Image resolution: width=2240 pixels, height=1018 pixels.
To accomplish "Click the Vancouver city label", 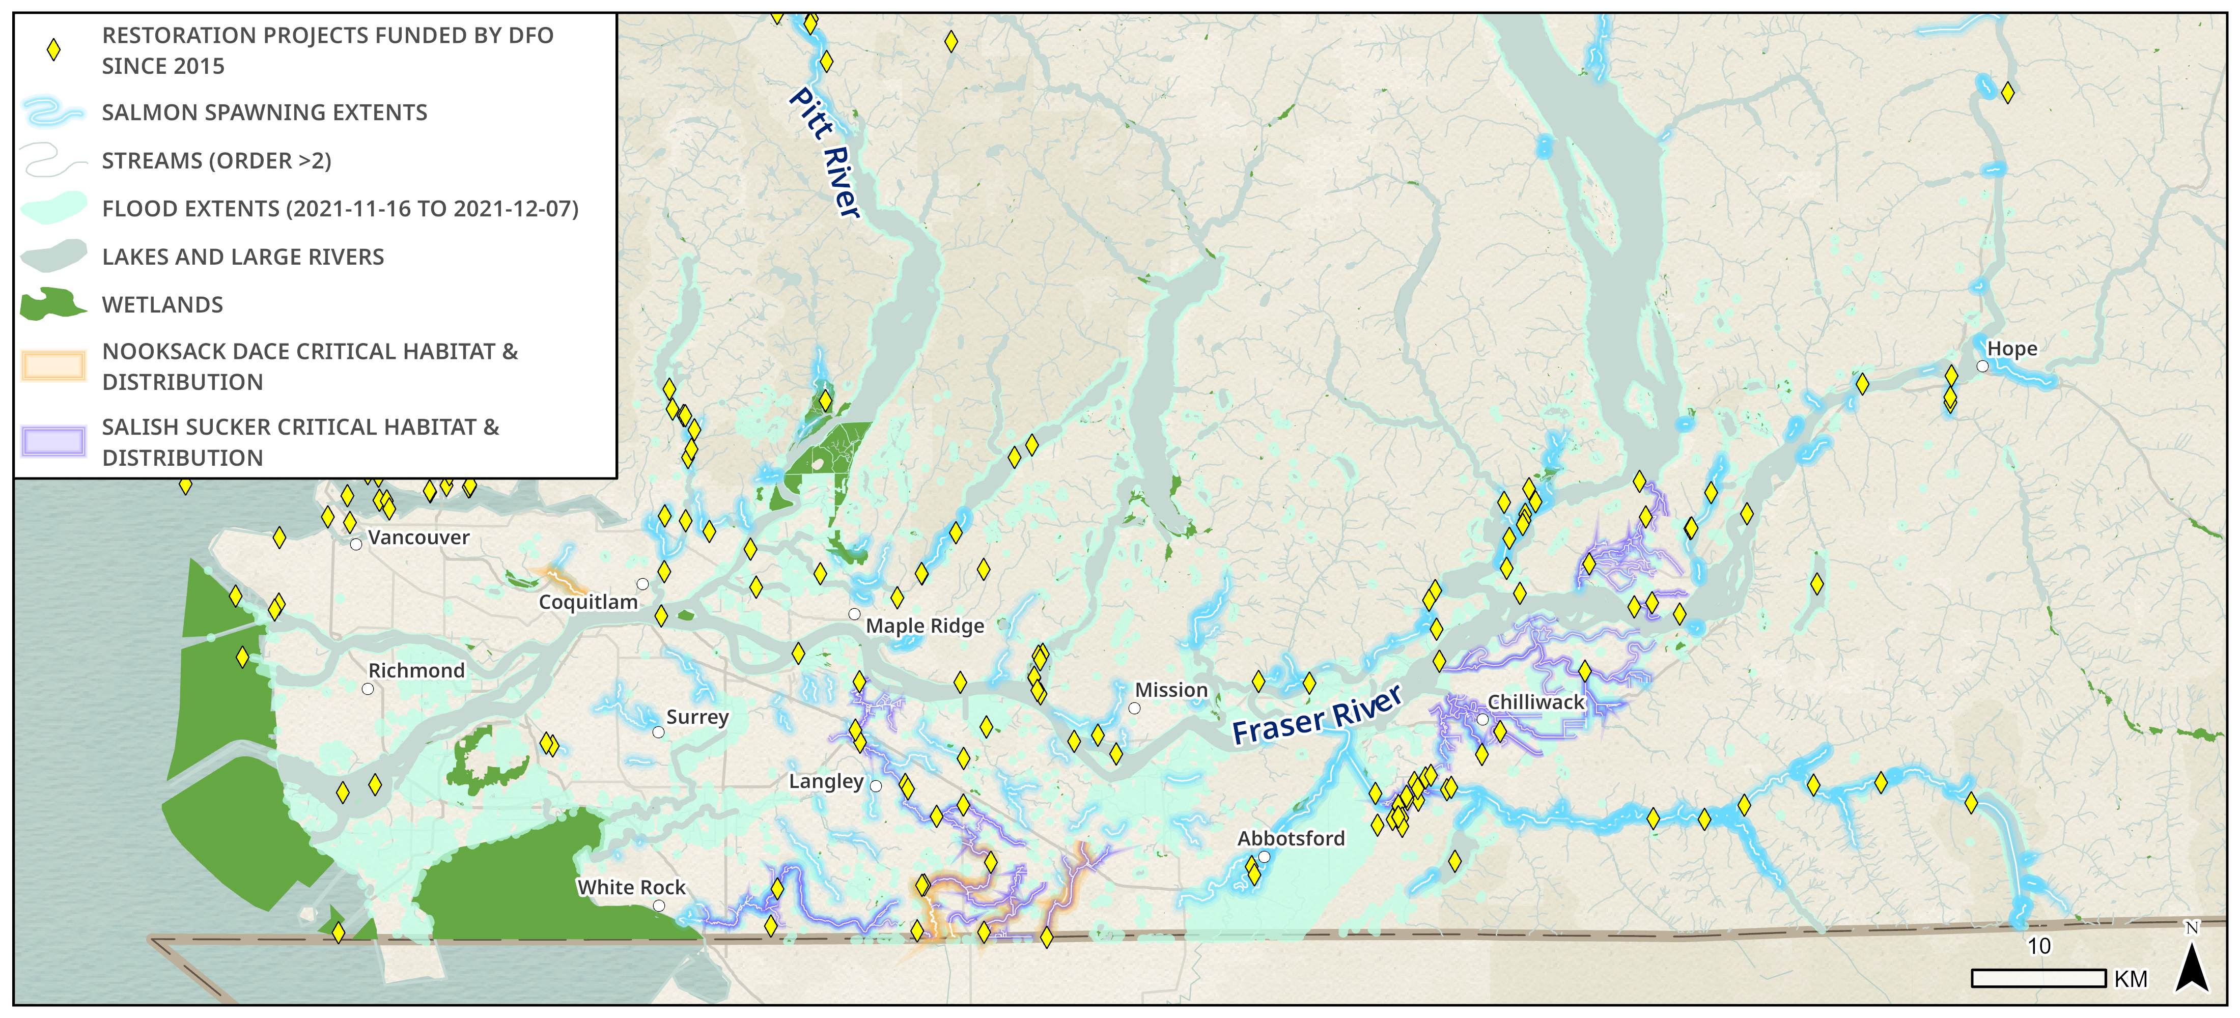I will pyautogui.click(x=418, y=538).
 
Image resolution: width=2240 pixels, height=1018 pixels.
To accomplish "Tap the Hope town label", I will pyautogui.click(x=2012, y=349).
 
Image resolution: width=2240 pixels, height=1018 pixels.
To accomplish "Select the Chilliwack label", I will pyautogui.click(x=1535, y=701).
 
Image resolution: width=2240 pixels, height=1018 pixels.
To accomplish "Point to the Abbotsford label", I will pyautogui.click(x=1291, y=838).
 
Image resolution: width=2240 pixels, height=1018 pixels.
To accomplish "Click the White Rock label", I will pyautogui.click(x=631, y=887).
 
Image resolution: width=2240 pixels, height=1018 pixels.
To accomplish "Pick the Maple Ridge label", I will pyautogui.click(x=925, y=626).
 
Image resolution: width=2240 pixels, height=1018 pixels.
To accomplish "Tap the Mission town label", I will pyautogui.click(x=1171, y=689).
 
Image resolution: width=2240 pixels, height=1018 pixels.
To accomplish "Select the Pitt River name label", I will pyautogui.click(x=824, y=152).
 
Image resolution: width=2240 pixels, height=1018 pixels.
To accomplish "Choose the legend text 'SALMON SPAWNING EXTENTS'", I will pyautogui.click(x=264, y=112).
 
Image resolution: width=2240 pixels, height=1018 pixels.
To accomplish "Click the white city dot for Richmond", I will pyautogui.click(x=368, y=689).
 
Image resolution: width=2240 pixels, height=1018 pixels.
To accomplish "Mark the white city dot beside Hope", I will pyautogui.click(x=1982, y=366).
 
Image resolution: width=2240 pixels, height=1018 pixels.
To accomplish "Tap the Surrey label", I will pyautogui.click(x=696, y=717).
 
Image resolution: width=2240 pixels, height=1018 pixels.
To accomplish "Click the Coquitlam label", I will pyautogui.click(x=588, y=602).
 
